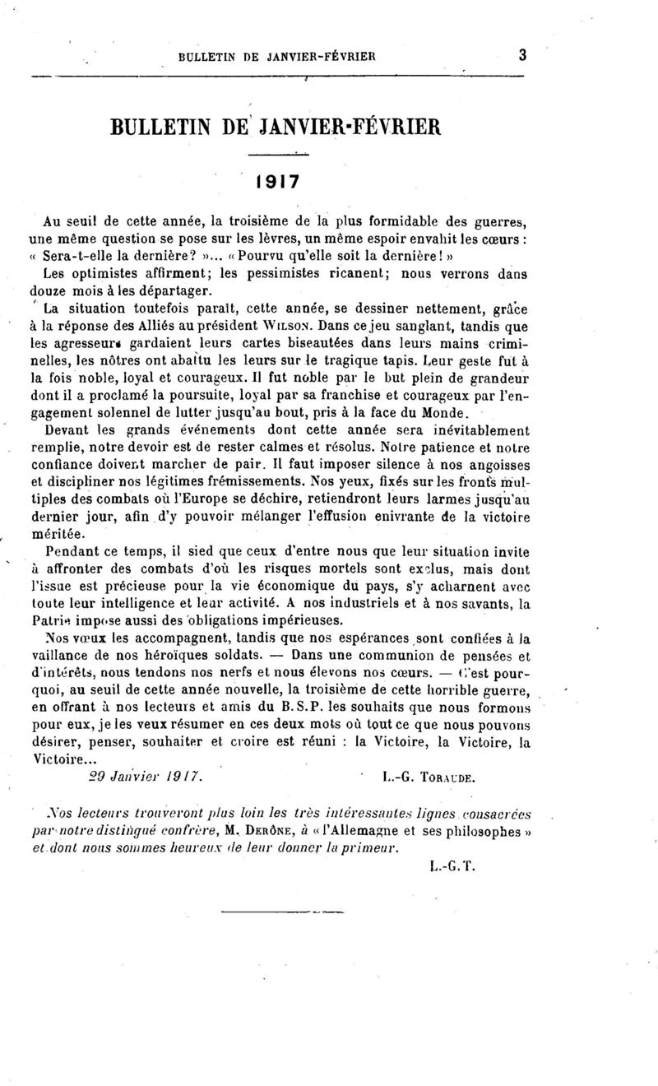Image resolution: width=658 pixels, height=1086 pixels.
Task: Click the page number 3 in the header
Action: pyautogui.click(x=522, y=56)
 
